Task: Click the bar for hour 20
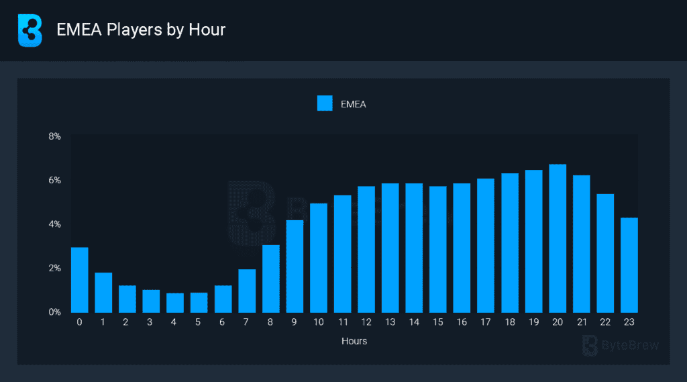(x=558, y=238)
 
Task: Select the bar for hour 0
(x=80, y=280)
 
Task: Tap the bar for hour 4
(x=175, y=303)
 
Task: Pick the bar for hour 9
(x=295, y=266)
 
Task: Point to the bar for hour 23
(x=629, y=265)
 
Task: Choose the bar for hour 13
(x=390, y=248)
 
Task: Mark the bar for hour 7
(x=247, y=291)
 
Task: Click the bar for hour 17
(x=486, y=245)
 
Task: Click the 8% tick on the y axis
(x=54, y=136)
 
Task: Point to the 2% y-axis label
(x=54, y=269)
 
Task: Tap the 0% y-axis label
(x=54, y=312)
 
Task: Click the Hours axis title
(x=354, y=341)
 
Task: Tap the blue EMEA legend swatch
(x=325, y=103)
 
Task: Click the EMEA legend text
(x=354, y=104)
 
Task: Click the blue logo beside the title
(x=30, y=30)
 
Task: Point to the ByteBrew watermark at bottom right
(x=621, y=346)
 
